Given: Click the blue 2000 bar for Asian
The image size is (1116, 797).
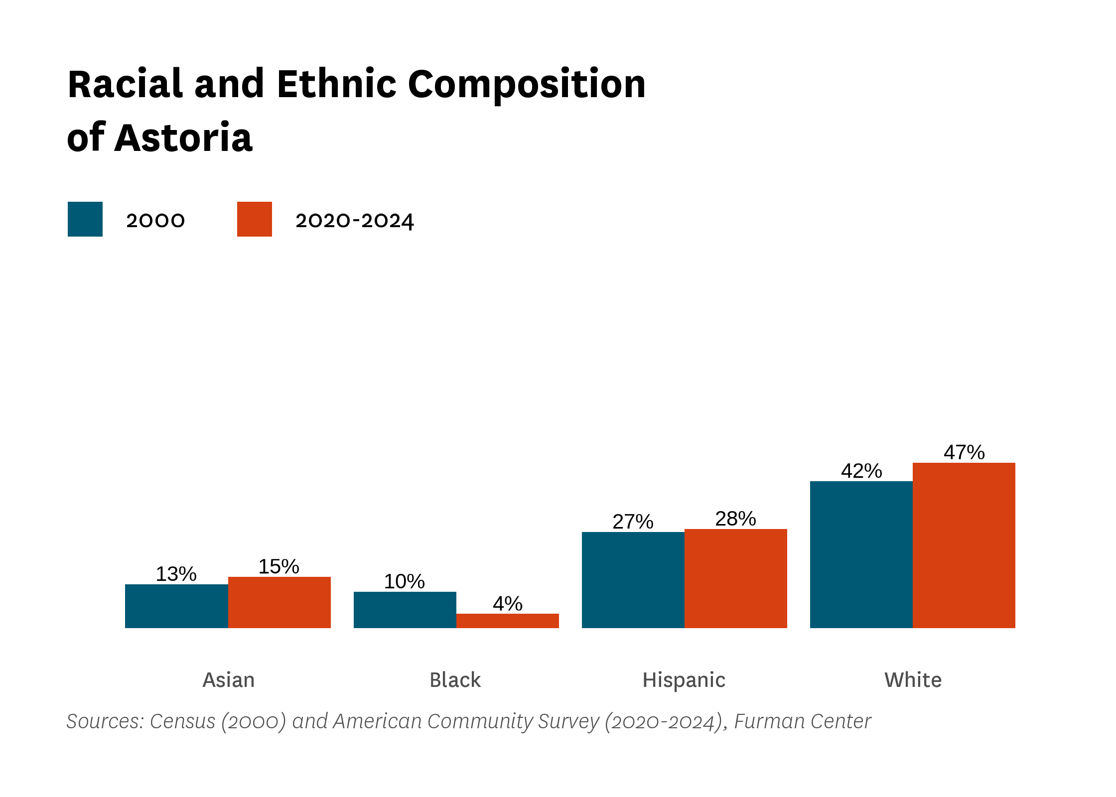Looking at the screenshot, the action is (x=176, y=606).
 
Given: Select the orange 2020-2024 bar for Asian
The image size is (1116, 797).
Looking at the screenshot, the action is (x=279, y=602).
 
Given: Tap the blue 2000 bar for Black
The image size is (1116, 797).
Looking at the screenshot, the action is (x=405, y=610).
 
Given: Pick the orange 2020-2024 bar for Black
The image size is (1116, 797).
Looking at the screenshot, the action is (x=508, y=621).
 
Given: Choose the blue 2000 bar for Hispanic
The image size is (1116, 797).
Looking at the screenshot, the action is (x=633, y=580).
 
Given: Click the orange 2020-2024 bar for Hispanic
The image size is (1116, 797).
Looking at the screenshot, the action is (x=736, y=578).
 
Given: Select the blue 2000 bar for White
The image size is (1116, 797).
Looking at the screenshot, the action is (x=861, y=554).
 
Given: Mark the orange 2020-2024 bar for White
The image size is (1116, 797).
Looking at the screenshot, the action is (x=964, y=545).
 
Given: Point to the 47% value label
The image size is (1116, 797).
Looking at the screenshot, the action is (x=964, y=452).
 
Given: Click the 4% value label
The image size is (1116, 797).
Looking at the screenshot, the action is (x=508, y=604).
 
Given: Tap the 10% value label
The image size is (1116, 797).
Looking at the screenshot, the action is (x=405, y=581).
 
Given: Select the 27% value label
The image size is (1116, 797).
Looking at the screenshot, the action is (x=633, y=522).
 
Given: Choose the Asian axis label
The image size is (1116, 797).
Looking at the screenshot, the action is (x=229, y=680).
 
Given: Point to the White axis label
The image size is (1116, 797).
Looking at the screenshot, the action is (x=913, y=680).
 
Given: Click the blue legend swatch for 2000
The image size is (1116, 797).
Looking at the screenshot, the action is (x=85, y=219).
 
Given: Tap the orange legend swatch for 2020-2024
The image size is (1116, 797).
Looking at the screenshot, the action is (x=255, y=219).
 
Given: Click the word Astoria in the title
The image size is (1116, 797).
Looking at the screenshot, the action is (x=183, y=137).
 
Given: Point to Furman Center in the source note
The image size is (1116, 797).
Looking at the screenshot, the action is (x=803, y=721).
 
